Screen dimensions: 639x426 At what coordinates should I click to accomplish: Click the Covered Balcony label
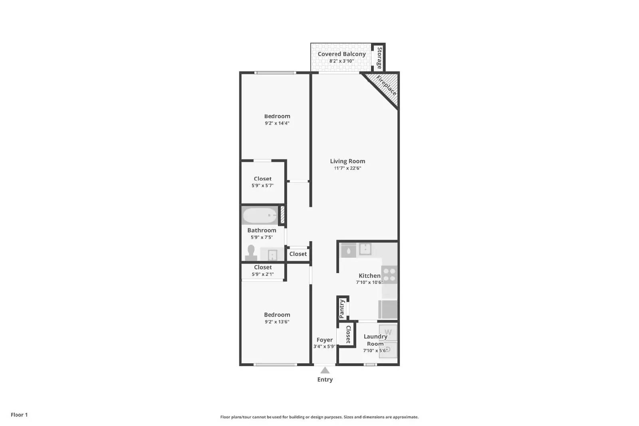click(341, 54)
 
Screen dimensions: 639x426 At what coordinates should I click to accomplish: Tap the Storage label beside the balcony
click(379, 58)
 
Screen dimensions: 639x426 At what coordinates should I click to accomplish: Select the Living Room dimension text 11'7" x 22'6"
click(347, 168)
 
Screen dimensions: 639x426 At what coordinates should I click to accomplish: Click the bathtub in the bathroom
click(260, 216)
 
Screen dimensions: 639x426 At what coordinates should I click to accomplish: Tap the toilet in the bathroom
click(251, 253)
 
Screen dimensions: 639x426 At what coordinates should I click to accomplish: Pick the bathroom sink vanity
click(272, 254)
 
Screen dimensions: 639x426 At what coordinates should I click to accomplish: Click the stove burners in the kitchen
click(389, 274)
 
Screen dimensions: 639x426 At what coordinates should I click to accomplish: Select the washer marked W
click(388, 333)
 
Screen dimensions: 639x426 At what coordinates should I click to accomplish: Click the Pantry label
click(342, 309)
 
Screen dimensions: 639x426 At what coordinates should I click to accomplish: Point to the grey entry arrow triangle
click(325, 371)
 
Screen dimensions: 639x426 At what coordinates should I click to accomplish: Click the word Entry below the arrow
click(325, 380)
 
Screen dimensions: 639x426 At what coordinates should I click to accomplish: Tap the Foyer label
click(325, 340)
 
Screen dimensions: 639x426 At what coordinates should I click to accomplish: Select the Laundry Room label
click(375, 340)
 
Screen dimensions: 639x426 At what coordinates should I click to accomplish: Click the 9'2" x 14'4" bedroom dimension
click(277, 123)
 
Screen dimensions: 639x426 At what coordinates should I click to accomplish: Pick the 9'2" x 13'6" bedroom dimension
click(277, 322)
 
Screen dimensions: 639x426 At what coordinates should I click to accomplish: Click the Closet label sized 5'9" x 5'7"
click(263, 179)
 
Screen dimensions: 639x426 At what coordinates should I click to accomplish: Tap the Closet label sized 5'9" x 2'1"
click(263, 267)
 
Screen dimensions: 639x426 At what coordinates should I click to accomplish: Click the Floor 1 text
click(19, 415)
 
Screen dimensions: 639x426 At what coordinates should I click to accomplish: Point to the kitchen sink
click(365, 249)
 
